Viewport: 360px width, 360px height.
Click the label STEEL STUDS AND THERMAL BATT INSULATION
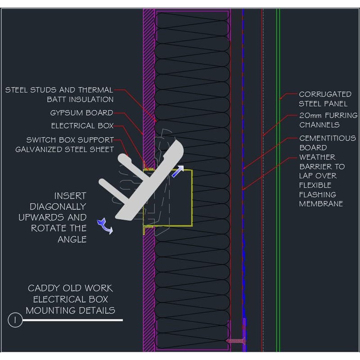tap(59, 94)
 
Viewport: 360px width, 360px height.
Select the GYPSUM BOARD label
tap(81, 112)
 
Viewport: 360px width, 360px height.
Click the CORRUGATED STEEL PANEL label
tap(325, 99)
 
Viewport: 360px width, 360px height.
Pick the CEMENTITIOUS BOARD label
tap(327, 143)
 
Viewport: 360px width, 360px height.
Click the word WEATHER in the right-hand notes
tap(317, 157)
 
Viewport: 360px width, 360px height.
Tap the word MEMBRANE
tap(321, 204)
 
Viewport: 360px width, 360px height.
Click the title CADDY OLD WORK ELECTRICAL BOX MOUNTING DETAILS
tap(70, 299)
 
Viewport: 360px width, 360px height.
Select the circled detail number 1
tap(15, 320)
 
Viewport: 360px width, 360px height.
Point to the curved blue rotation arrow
tap(105, 225)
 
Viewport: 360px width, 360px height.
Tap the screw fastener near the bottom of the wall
tap(236, 341)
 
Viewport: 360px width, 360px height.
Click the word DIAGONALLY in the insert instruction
tap(58, 207)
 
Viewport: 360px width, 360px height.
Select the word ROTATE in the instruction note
tap(49, 228)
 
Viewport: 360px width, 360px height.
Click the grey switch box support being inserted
tap(144, 180)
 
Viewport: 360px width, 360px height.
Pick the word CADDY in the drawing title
tap(43, 288)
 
